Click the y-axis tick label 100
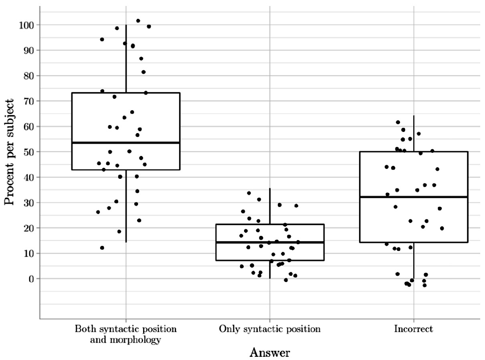coord(26,25)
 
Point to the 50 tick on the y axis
coord(29,152)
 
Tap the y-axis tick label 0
coord(32,279)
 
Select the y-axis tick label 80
coord(29,76)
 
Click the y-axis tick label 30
coord(29,202)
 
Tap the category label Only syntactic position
coord(269,330)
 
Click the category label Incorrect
coord(413,330)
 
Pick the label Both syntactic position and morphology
coord(126,335)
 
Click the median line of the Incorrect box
coord(413,197)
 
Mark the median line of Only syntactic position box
coord(269,242)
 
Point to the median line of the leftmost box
coord(126,142)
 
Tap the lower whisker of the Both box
coord(126,206)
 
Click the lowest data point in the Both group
coord(102,248)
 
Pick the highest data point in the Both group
coord(138,21)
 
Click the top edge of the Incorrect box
coord(413,152)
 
